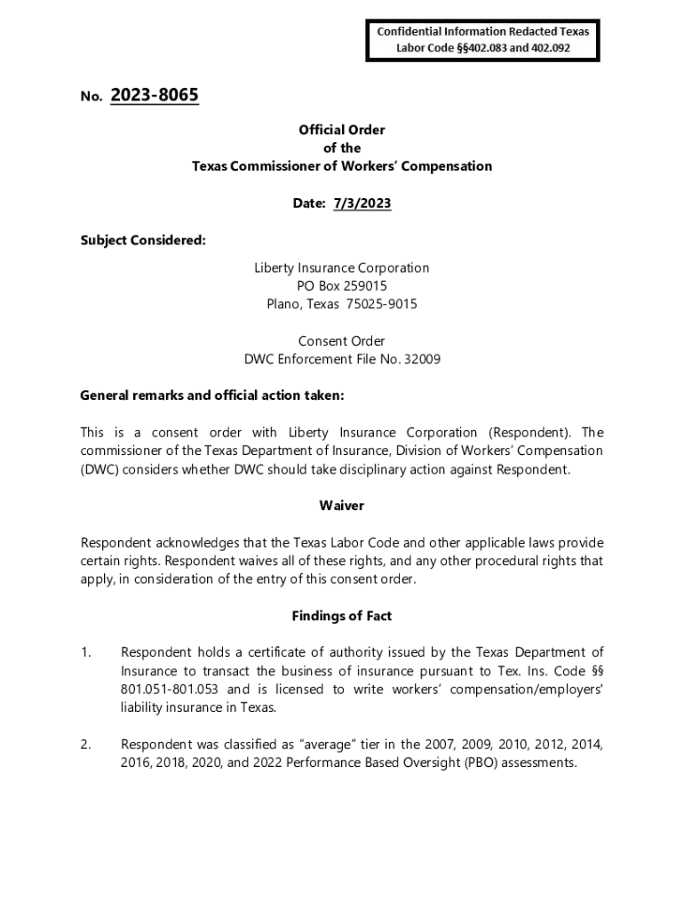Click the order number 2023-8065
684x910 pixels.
coord(155,95)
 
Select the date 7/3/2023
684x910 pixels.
coord(362,204)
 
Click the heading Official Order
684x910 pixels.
coord(342,130)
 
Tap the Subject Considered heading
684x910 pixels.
coord(143,240)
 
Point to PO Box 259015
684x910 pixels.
coord(342,286)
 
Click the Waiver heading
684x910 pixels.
coord(342,506)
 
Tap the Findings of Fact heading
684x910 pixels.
coord(342,616)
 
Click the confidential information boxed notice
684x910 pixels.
coord(482,40)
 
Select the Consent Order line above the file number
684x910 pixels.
coord(342,340)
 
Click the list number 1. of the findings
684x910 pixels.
coord(86,653)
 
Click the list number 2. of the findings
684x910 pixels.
coord(86,745)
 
